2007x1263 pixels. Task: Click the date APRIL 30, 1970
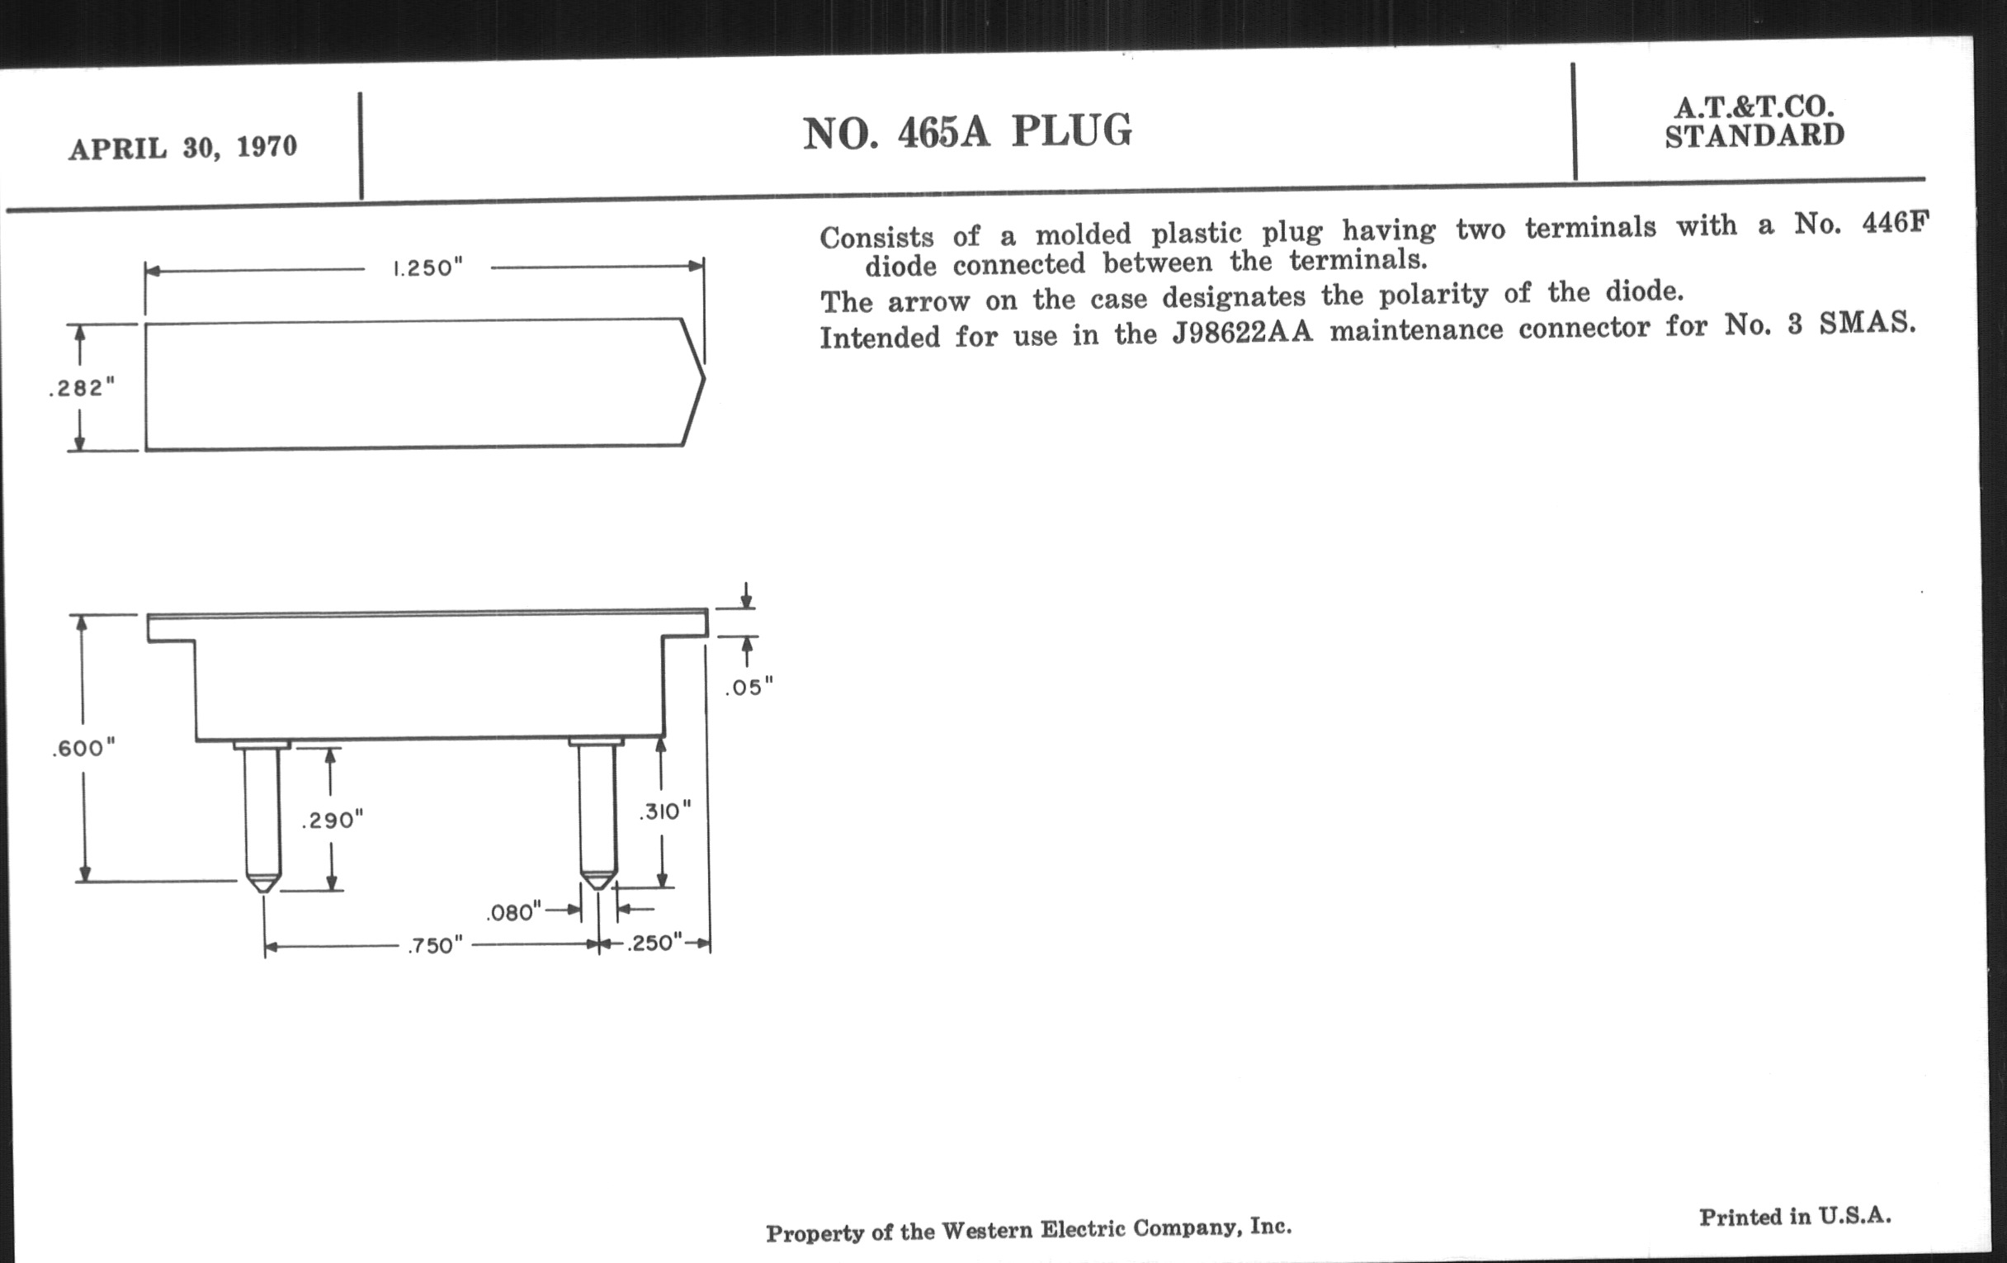(x=182, y=148)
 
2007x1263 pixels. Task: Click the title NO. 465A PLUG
(x=967, y=133)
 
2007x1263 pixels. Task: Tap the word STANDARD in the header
(x=1754, y=135)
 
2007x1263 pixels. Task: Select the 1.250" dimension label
(x=427, y=267)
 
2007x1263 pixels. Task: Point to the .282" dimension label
(x=82, y=388)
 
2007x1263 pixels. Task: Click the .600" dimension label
(x=83, y=748)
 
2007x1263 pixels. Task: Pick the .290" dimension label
(x=333, y=821)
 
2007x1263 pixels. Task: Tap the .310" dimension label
(x=665, y=811)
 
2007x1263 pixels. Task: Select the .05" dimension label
(x=748, y=687)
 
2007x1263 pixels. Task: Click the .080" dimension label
(x=513, y=912)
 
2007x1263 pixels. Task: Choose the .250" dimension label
(x=654, y=943)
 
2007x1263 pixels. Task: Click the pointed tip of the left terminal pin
(x=263, y=892)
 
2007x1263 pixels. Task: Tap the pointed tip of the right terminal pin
(x=598, y=888)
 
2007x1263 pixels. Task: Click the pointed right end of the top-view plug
(x=704, y=377)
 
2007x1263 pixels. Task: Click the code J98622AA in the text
(x=1242, y=333)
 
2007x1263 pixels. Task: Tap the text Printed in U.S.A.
(x=1795, y=1216)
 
